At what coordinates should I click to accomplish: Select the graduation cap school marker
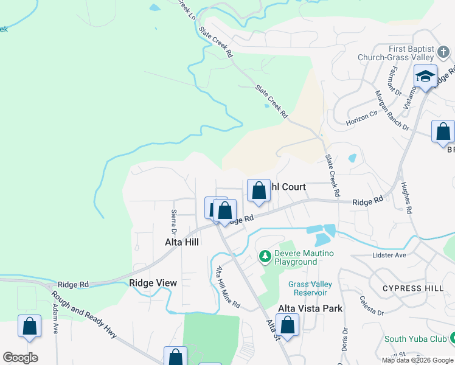pos(426,77)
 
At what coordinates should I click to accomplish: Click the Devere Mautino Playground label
pos(296,257)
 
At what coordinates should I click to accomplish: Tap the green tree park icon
pos(265,257)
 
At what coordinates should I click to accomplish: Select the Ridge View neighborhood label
pos(153,283)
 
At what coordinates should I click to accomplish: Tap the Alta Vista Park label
pos(310,308)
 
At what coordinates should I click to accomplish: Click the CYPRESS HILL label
pos(406,288)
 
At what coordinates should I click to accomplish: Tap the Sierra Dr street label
pos(173,223)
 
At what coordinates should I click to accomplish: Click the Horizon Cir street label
pos(361,118)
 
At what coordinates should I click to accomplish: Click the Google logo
pos(20,357)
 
